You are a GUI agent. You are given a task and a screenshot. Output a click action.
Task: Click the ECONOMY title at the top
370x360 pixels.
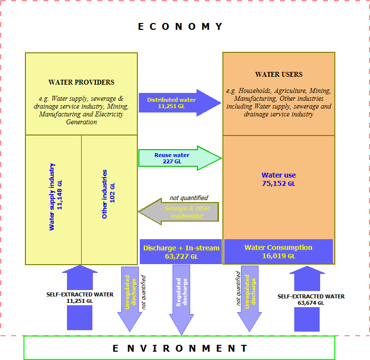point(180,26)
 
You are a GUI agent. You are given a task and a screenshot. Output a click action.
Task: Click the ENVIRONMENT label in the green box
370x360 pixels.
point(180,348)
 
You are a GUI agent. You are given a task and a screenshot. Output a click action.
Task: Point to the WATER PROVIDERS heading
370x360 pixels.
point(81,82)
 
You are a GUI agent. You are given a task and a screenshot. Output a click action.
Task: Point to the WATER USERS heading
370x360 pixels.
point(279,74)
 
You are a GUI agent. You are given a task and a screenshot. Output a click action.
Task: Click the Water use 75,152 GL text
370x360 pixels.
point(279,179)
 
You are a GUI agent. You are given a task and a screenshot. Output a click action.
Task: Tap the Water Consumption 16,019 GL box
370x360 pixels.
point(278,251)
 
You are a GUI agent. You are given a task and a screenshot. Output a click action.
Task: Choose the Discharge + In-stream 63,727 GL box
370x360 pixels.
point(181,251)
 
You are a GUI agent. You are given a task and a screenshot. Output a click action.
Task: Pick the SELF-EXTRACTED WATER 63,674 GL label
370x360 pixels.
point(311,299)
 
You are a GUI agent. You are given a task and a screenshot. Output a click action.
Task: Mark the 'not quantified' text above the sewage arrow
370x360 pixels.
point(188,198)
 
